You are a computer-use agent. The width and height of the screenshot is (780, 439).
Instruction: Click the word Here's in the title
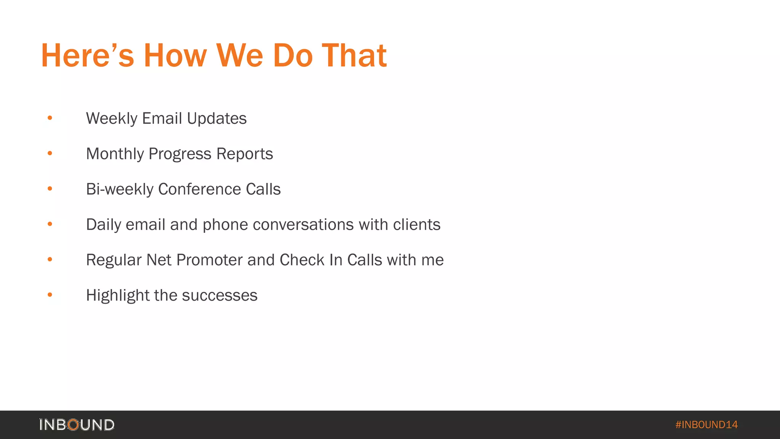(87, 56)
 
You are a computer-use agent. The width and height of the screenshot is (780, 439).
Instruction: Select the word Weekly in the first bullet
(112, 119)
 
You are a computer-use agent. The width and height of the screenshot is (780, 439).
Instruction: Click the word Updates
(217, 119)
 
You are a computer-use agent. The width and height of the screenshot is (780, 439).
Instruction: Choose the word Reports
(245, 154)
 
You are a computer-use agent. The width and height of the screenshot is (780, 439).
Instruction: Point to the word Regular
(114, 260)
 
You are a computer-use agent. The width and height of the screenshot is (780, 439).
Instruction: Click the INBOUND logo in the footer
(77, 425)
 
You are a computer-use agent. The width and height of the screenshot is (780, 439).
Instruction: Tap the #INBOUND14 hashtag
(706, 425)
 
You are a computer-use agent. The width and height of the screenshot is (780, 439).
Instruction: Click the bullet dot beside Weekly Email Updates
(50, 118)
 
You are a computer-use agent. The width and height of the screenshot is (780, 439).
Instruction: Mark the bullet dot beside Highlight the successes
(50, 295)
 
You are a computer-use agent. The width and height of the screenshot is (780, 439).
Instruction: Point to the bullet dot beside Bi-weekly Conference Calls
(50, 189)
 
